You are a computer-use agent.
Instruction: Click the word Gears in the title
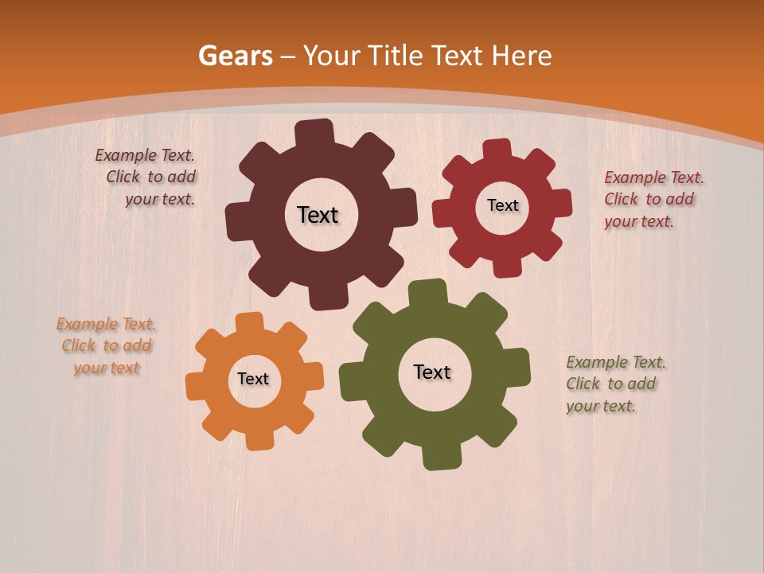pyautogui.click(x=235, y=56)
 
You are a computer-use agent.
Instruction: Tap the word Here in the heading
pyautogui.click(x=520, y=56)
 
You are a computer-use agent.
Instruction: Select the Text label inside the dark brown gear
pyautogui.click(x=318, y=215)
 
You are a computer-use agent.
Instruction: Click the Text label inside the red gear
pyautogui.click(x=502, y=205)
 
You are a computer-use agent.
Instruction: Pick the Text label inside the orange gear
pyautogui.click(x=253, y=379)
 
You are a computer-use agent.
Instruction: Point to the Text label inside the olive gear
pyautogui.click(x=432, y=372)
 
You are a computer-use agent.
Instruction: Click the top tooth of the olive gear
pyautogui.click(x=427, y=292)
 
